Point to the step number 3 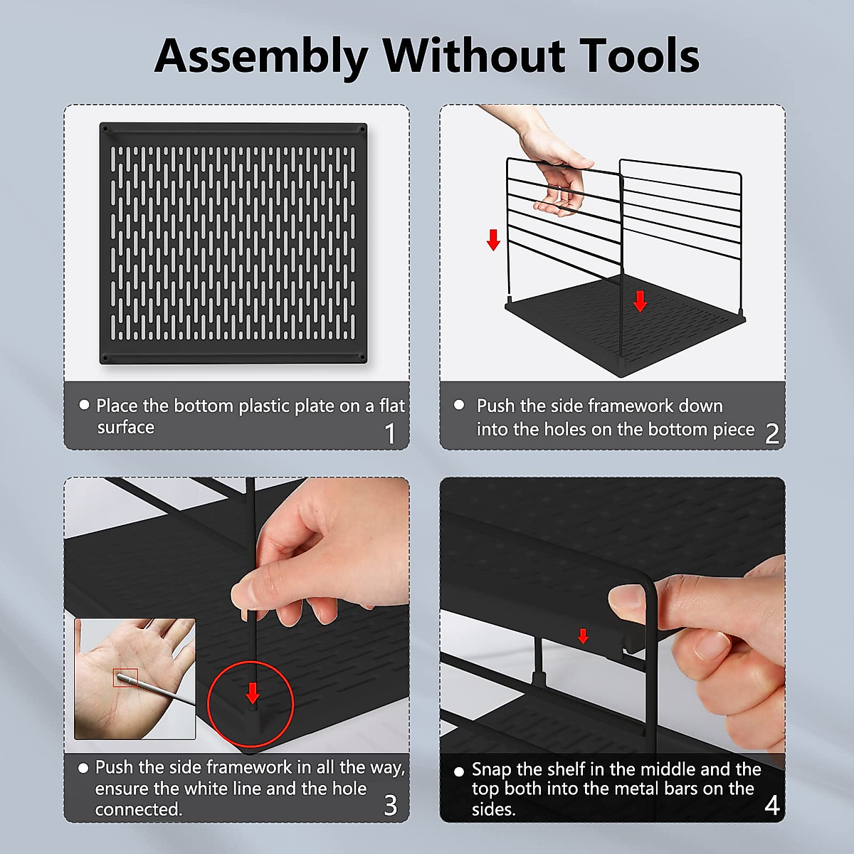pyautogui.click(x=390, y=805)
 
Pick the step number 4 pyautogui.click(x=771, y=805)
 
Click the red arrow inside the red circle pyautogui.click(x=253, y=692)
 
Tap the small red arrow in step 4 pyautogui.click(x=584, y=636)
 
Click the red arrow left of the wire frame pyautogui.click(x=493, y=240)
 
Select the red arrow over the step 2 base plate pyautogui.click(x=640, y=301)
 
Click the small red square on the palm pyautogui.click(x=125, y=678)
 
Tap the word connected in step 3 pyautogui.click(x=138, y=810)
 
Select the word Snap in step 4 pyautogui.click(x=491, y=770)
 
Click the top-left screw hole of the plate pyautogui.click(x=105, y=130)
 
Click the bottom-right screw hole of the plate pyautogui.click(x=362, y=357)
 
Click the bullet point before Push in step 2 pyautogui.click(x=459, y=405)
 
